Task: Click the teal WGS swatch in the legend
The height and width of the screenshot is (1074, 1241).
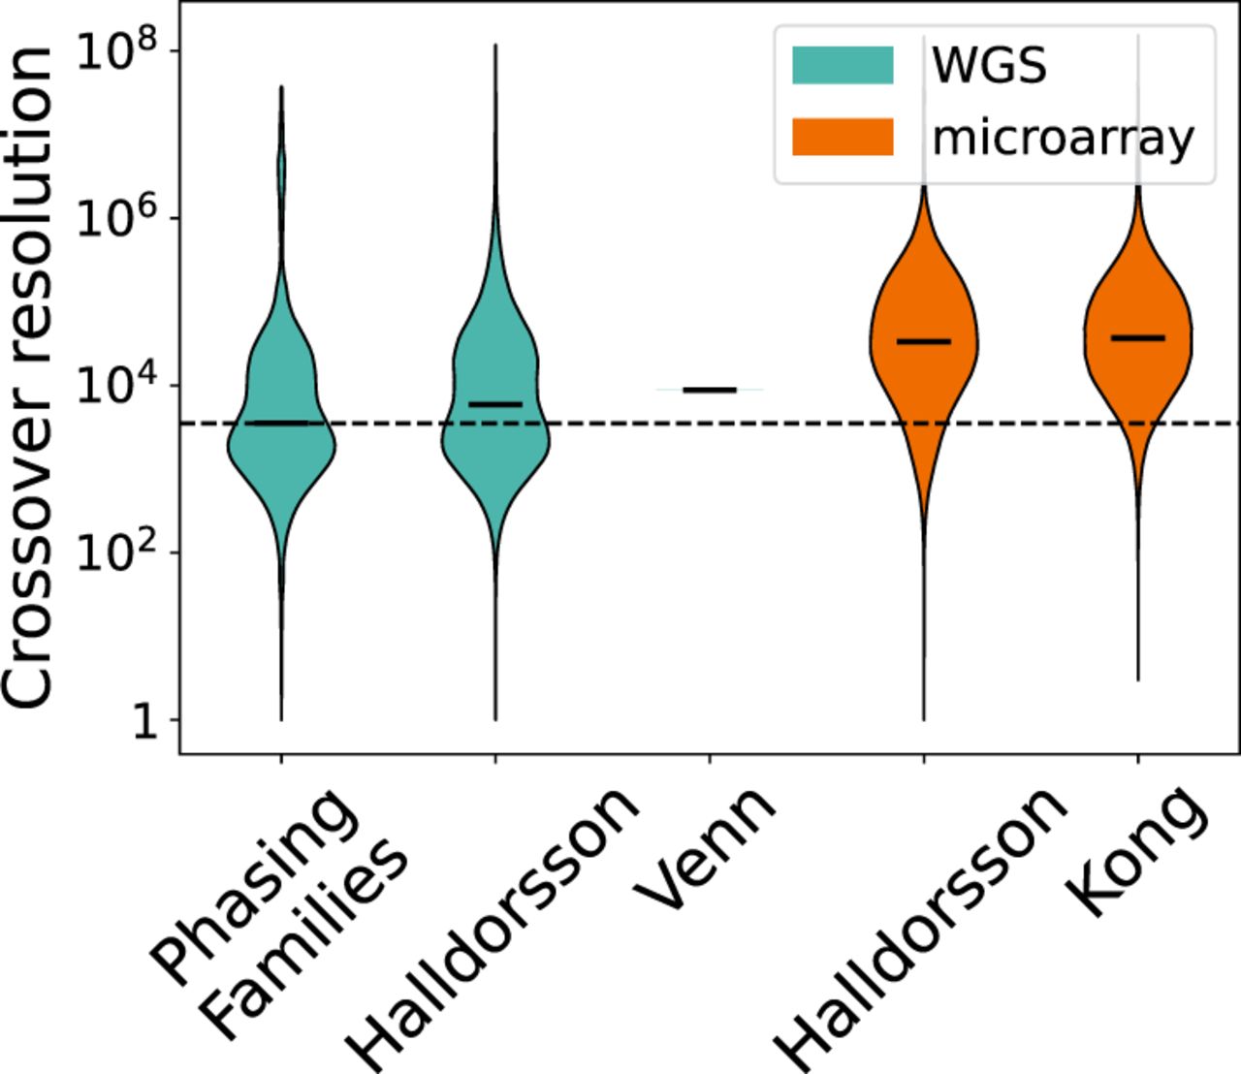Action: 842,65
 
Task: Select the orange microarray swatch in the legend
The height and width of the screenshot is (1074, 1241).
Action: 842,137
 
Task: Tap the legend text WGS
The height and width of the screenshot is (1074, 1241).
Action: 989,65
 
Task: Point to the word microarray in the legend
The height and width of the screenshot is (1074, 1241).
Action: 1063,139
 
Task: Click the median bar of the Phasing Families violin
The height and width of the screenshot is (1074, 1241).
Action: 281,424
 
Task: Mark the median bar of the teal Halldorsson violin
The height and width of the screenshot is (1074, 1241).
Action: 495,403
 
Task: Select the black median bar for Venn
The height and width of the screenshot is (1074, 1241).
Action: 710,390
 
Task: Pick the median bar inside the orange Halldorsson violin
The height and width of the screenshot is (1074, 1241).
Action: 923,341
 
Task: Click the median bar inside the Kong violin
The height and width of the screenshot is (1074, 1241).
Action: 1137,337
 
